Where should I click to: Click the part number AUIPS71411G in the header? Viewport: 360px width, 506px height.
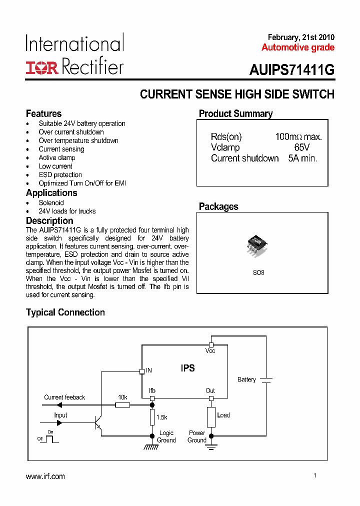coord(291,70)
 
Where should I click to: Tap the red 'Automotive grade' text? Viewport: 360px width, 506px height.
coord(298,47)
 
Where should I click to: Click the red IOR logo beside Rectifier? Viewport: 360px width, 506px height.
coord(42,68)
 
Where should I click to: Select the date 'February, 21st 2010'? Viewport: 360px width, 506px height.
coord(301,37)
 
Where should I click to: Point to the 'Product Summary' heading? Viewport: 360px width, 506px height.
coord(236,113)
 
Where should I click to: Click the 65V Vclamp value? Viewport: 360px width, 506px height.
coord(302,147)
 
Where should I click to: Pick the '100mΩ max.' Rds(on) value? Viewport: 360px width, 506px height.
coord(298,137)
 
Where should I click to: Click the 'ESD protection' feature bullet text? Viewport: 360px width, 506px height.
coord(60,174)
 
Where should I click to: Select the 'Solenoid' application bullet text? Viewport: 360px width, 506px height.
coord(51,202)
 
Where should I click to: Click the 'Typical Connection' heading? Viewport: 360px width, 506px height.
coord(65,312)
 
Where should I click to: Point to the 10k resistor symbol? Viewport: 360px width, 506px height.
coord(122,404)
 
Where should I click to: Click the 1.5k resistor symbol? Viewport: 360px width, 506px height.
coord(152,416)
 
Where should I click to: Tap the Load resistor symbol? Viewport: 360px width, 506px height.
coord(211,417)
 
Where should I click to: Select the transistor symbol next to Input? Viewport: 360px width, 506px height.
coord(98,422)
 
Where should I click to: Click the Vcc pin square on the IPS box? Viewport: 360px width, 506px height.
coord(211,344)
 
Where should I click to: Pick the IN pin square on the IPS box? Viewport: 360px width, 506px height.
coord(141,371)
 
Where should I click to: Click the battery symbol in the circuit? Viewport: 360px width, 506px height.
coord(266,380)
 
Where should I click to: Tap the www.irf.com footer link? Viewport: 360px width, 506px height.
coord(45,476)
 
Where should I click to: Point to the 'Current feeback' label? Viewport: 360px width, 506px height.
coord(64,397)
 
